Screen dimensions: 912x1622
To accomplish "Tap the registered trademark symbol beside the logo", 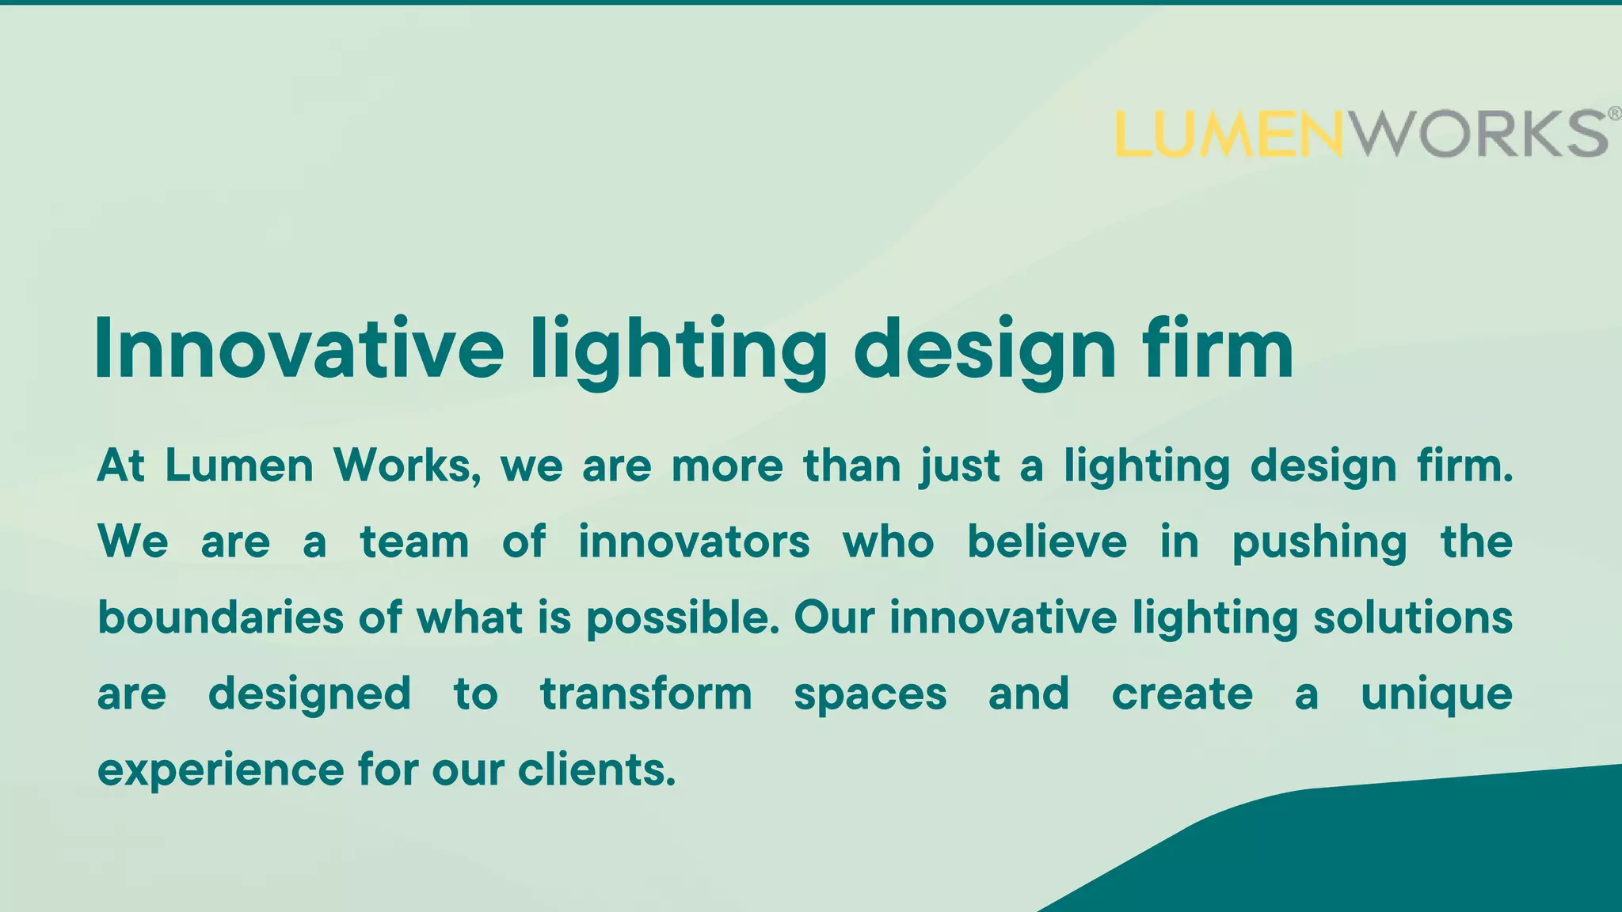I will click(1615, 114).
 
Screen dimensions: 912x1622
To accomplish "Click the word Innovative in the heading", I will click(299, 349).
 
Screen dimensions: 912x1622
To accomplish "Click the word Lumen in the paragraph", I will click(239, 465).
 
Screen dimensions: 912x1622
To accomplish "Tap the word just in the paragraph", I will click(959, 467).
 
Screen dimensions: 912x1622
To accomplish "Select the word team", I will click(414, 542).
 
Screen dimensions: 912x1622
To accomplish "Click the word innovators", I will click(694, 542).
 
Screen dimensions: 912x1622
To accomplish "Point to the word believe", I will click(1046, 542).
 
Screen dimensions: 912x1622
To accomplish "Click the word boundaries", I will click(220, 617).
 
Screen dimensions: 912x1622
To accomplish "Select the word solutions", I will click(1413, 617).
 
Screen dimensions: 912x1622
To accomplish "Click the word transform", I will click(646, 694).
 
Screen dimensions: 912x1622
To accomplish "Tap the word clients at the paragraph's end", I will click(596, 769).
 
